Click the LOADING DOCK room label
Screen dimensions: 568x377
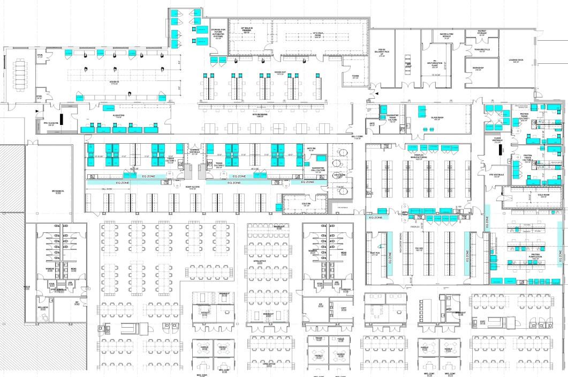516,62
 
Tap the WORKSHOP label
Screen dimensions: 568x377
478,69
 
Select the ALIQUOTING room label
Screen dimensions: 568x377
119,116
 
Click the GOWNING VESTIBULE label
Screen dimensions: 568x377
195,151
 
